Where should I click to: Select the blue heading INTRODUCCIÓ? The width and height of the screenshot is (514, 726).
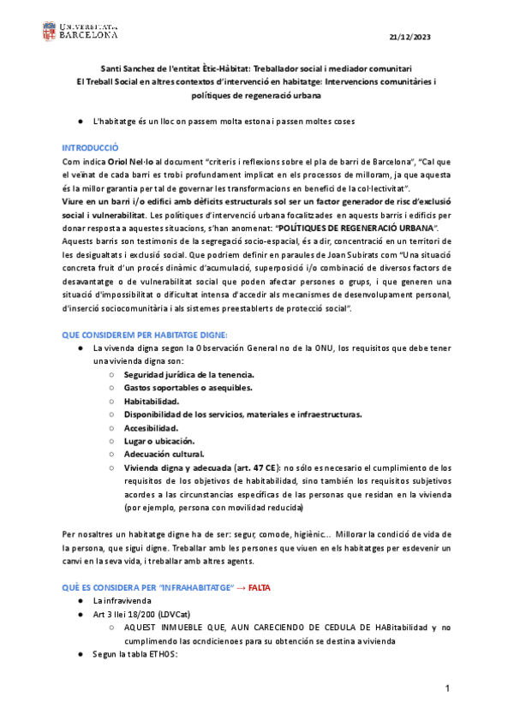[x=91, y=148]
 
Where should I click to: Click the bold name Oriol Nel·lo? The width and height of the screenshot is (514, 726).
[x=129, y=161]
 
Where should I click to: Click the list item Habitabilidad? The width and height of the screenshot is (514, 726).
[x=152, y=401]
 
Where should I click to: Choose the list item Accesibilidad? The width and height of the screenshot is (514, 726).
[x=151, y=427]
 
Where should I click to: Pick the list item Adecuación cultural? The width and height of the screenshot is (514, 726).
[x=164, y=454]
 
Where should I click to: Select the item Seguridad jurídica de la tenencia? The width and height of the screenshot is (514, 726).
[x=188, y=375]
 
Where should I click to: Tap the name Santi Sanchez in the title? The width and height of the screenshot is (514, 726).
[x=130, y=68]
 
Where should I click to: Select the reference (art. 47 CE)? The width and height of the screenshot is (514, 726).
[x=254, y=467]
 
